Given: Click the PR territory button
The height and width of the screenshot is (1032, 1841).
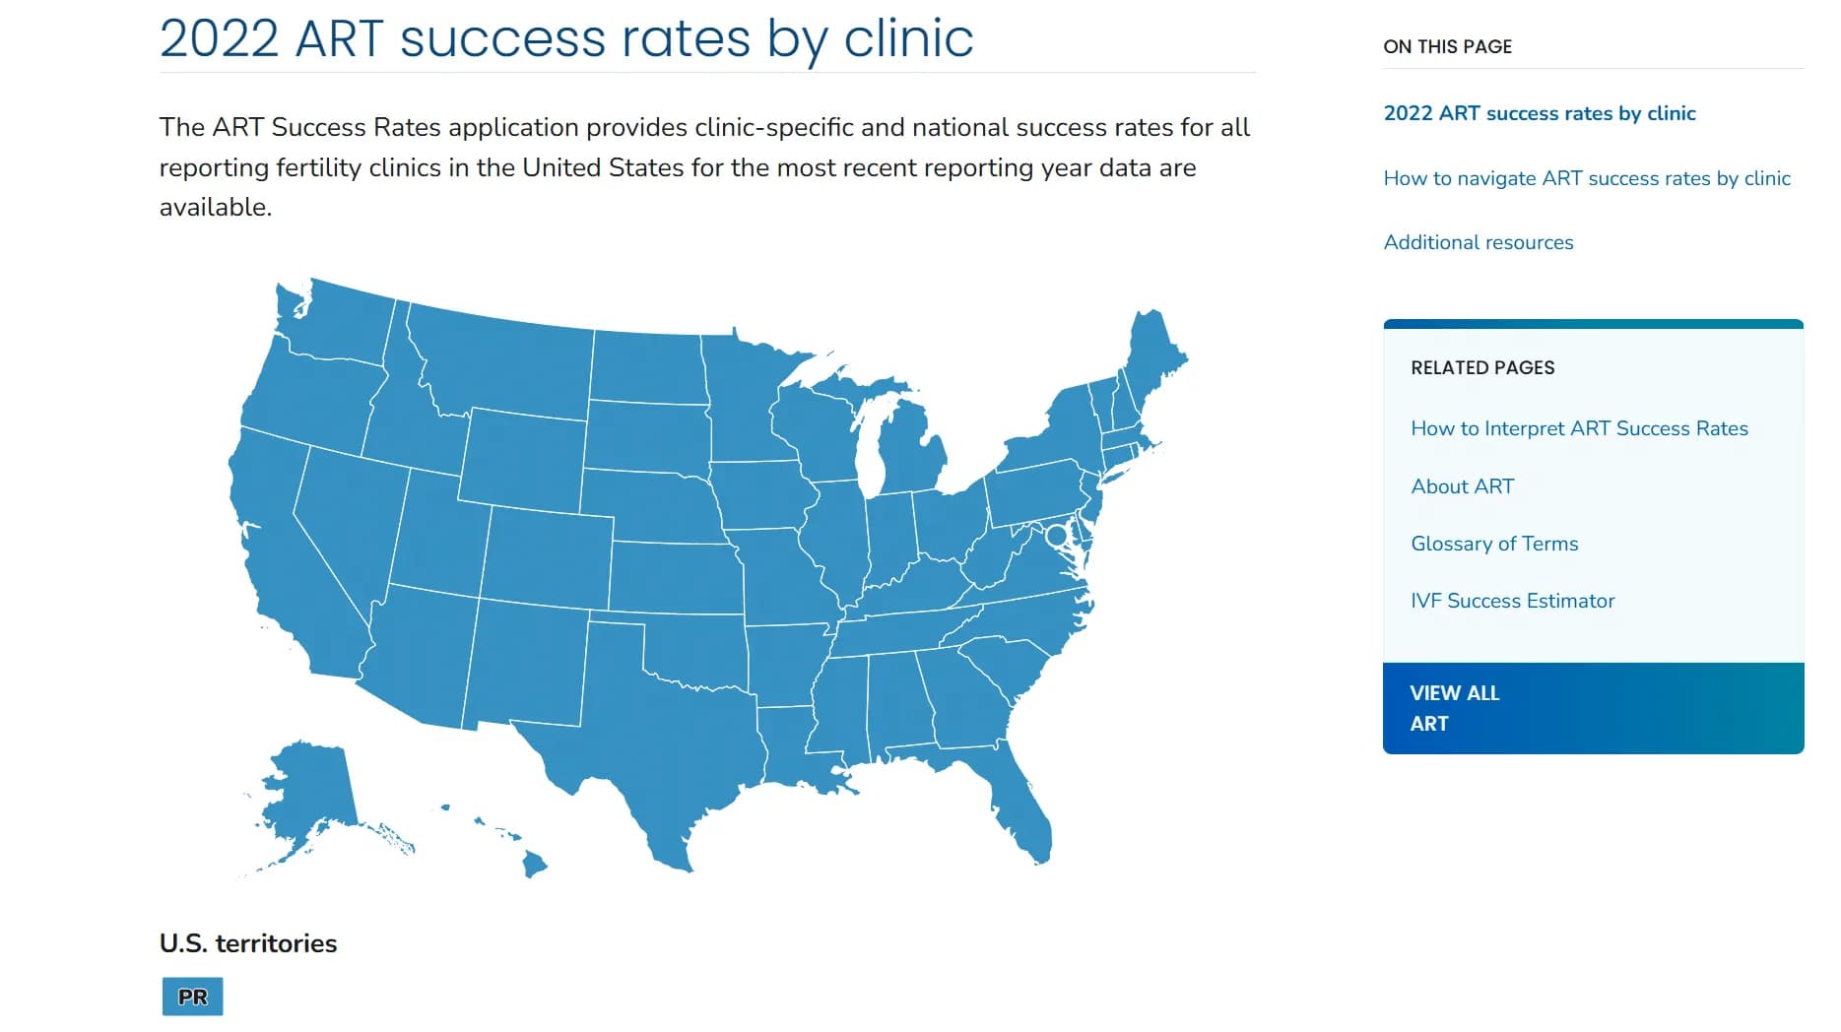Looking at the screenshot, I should pos(192,996).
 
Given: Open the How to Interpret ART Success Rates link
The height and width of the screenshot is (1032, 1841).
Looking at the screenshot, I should pos(1579,428).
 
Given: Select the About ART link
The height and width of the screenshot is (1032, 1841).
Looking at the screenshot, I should pos(1462,486).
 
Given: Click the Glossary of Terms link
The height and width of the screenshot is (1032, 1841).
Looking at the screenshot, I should pos(1493,544).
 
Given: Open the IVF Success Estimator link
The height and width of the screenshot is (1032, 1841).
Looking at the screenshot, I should pos(1512,601).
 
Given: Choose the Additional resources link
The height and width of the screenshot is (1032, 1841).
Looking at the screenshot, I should pos(1478,242).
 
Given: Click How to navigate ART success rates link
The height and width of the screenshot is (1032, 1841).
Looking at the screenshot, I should pos(1586,178).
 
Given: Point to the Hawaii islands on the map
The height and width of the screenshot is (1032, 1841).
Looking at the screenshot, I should pos(533,864).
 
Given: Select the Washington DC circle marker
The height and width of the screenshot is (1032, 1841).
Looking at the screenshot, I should pos(1056,536).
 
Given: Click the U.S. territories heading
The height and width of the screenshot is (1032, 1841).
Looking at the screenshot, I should pos(248,943).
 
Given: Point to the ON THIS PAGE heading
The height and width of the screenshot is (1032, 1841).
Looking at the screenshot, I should pos(1447,46).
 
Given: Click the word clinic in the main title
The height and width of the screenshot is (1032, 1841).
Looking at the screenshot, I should pos(908,38).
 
